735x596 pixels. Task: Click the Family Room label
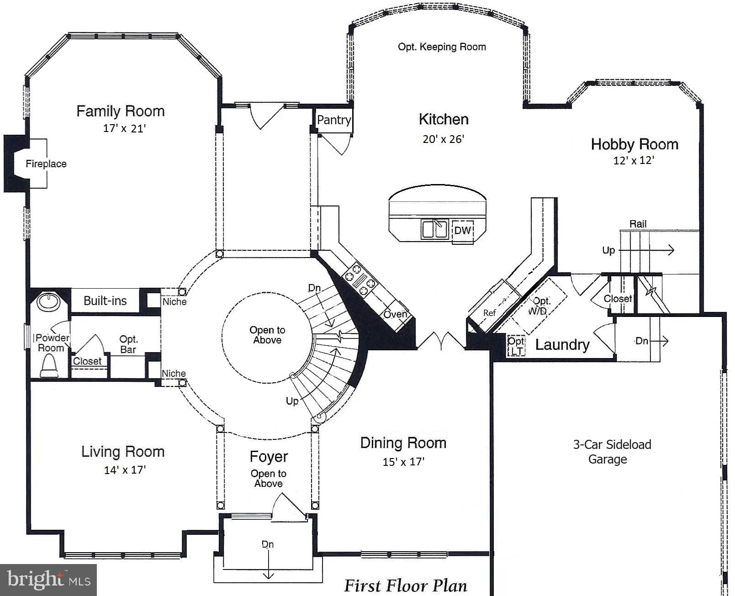point(120,111)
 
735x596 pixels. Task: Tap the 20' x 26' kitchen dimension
point(443,139)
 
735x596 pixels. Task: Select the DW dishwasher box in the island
point(462,230)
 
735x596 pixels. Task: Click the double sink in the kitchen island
point(434,229)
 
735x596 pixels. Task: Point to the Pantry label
point(334,120)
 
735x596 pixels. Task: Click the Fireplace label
point(46,164)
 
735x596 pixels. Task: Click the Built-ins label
point(105,301)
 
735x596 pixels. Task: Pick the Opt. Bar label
point(128,344)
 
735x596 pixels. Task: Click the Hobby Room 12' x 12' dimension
point(634,161)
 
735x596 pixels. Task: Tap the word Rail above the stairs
point(638,224)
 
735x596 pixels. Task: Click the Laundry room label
point(562,345)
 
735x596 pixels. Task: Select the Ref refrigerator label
point(489,313)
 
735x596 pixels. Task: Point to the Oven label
point(395,314)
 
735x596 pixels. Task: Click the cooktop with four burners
point(360,280)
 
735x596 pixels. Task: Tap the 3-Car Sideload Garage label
point(612,452)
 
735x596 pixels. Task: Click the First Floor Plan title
point(405,585)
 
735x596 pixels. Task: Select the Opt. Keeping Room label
point(442,47)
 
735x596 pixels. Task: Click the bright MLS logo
point(48,580)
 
